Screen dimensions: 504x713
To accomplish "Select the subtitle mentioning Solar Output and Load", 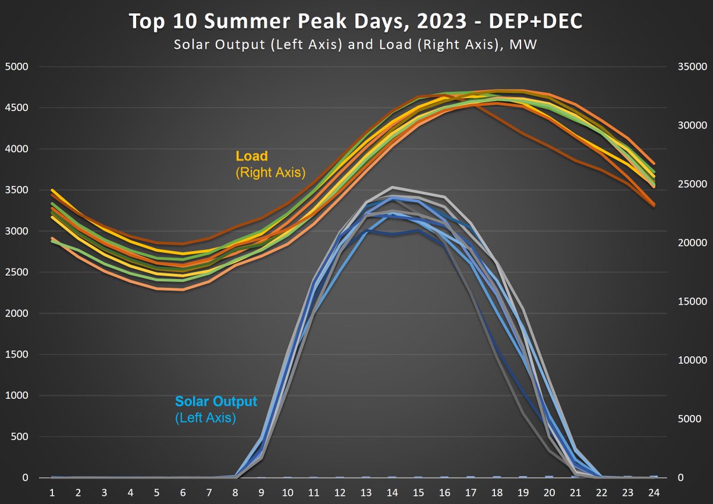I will pyautogui.click(x=356, y=44).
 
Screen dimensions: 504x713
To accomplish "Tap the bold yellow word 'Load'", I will pyautogui.click(x=252, y=156).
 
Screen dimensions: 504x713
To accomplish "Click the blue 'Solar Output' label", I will pyautogui.click(x=216, y=401).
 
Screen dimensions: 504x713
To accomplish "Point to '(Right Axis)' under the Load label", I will pyautogui.click(x=270, y=173).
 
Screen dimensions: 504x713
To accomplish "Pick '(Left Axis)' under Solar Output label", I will pyautogui.click(x=206, y=418).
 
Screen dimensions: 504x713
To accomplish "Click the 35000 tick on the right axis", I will pyautogui.click(x=690, y=67).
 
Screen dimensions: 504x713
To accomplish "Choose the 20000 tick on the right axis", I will pyautogui.click(x=690, y=243).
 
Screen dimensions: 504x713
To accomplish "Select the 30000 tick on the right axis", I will pyautogui.click(x=690, y=126).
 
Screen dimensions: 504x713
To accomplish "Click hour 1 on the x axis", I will pyautogui.click(x=52, y=493).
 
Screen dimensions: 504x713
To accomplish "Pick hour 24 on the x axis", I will pyautogui.click(x=652, y=493).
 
